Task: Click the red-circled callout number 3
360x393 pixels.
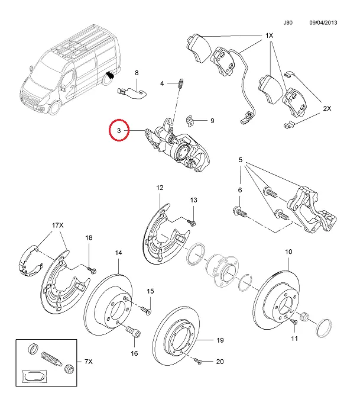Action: coord(119,130)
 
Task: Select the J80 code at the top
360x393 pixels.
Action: coord(288,22)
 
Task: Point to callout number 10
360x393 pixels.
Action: coord(289,252)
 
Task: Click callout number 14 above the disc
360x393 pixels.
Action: coord(118,253)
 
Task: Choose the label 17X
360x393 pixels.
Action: coord(57,226)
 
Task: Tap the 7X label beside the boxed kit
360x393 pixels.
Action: coord(89,360)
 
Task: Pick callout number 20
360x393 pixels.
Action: coord(219,361)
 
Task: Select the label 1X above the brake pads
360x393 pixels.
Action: coord(269,36)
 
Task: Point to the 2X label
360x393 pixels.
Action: coord(327,108)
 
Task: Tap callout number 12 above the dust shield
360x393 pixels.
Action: coord(159,188)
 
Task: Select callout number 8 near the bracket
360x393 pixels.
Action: coord(137,73)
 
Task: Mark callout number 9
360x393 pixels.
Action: coord(212,121)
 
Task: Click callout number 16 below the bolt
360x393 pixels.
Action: coord(134,353)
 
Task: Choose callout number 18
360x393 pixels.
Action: coord(89,237)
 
